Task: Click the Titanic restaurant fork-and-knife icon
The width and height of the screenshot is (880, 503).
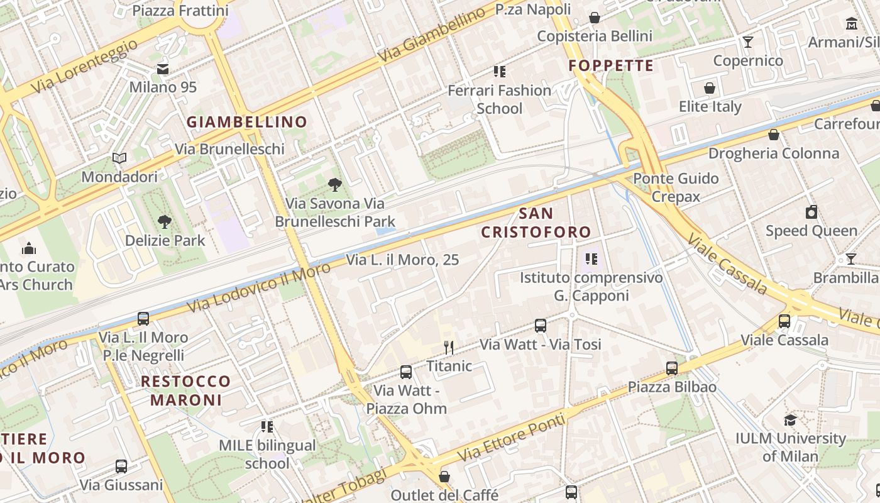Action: pyautogui.click(x=448, y=347)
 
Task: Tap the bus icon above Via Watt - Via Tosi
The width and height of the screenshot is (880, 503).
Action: pyautogui.click(x=541, y=326)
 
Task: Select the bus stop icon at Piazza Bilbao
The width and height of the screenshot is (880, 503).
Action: pyautogui.click(x=672, y=368)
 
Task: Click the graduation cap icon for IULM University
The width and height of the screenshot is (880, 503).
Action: pyautogui.click(x=790, y=420)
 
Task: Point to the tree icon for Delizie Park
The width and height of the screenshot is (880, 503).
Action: pyautogui.click(x=165, y=221)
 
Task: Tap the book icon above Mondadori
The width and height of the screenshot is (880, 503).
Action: pyautogui.click(x=119, y=158)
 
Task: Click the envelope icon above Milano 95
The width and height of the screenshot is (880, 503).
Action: pyautogui.click(x=163, y=69)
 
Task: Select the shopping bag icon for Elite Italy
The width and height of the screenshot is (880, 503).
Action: pyautogui.click(x=710, y=88)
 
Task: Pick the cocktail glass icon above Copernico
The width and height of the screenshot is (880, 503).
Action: pyautogui.click(x=748, y=42)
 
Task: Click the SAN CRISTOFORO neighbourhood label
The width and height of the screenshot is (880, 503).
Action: pyautogui.click(x=536, y=223)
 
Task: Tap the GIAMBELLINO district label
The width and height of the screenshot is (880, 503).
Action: pyautogui.click(x=247, y=122)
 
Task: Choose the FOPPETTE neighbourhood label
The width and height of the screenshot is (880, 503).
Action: pyautogui.click(x=611, y=65)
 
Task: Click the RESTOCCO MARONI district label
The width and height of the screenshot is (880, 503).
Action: pyautogui.click(x=185, y=390)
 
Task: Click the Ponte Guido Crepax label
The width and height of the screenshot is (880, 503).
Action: pyautogui.click(x=676, y=187)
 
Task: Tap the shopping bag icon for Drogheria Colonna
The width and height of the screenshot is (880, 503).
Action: pyautogui.click(x=774, y=135)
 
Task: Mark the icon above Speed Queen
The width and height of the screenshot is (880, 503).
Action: pyautogui.click(x=811, y=212)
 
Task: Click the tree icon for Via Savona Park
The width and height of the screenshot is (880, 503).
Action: pyautogui.click(x=335, y=184)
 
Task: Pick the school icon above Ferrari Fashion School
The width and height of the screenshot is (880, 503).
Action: pyautogui.click(x=500, y=72)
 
